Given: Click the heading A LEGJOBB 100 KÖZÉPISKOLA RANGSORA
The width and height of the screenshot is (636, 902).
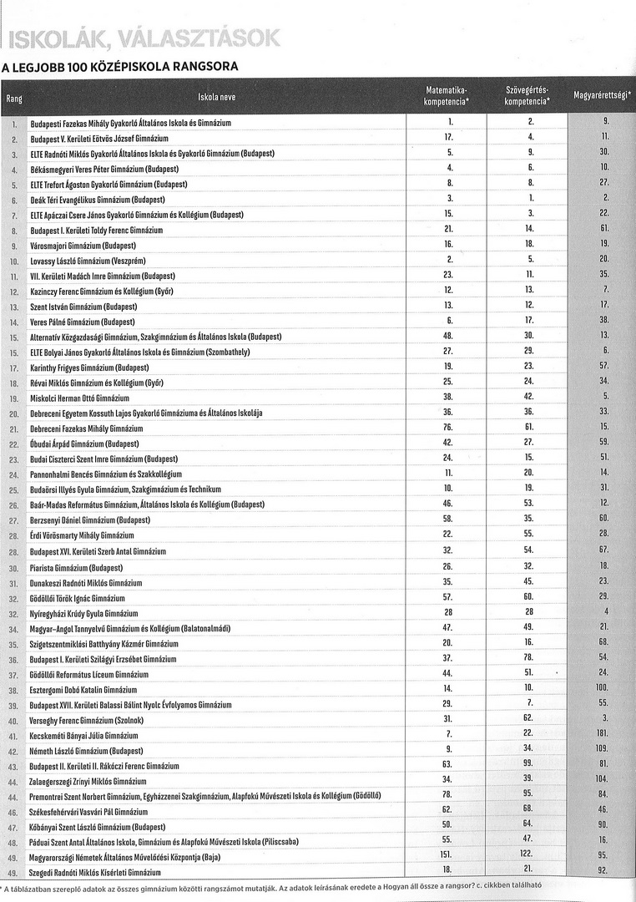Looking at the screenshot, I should point(120,66).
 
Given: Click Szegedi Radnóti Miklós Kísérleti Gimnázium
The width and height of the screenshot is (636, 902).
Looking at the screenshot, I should point(97,873).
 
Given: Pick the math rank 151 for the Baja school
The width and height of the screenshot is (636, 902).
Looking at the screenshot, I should point(448,857).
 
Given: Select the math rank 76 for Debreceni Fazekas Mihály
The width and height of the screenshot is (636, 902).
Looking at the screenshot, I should point(448,428).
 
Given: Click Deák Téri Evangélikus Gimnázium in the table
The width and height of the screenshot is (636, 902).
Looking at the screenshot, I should point(97,200).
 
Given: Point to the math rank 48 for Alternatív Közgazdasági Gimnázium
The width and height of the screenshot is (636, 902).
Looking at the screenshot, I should point(448,337).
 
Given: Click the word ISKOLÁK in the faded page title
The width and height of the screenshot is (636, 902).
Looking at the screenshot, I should point(50,38).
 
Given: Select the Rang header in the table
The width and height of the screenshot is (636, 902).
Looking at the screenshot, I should point(14,99).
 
